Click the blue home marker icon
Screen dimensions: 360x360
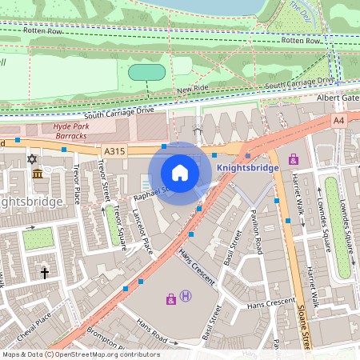180,173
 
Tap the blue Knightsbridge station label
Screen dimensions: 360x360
248,168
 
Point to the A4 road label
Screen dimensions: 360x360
338,120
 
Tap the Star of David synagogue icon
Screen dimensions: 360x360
33,160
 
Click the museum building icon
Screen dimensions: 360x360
38,174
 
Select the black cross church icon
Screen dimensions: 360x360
45,274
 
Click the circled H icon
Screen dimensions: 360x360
186,297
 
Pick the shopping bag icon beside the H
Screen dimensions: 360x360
170,299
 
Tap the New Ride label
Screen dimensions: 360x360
192,90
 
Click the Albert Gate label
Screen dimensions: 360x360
339,98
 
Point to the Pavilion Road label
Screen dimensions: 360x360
258,232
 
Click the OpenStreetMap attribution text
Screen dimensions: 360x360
80,354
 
